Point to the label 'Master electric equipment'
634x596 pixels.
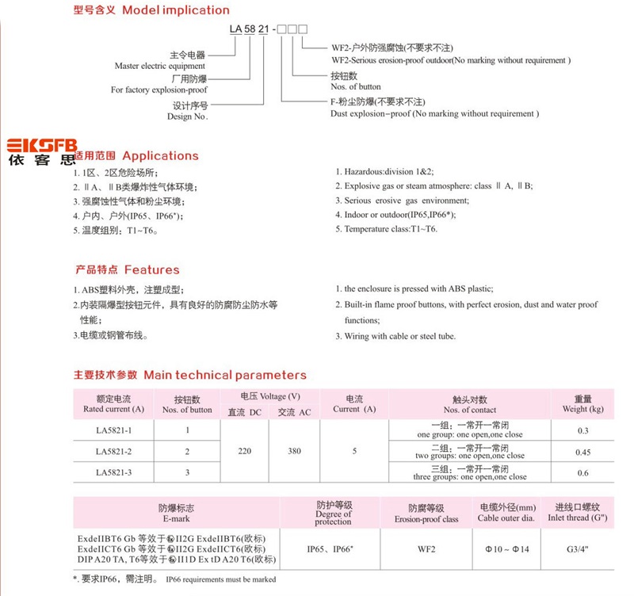coord(160,67)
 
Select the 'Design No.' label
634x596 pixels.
coord(187,116)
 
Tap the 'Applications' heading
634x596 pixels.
coord(159,155)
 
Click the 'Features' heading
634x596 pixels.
coord(151,269)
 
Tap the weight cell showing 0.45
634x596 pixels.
coord(582,452)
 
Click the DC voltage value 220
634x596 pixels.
coord(245,451)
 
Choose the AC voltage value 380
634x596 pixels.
coord(294,451)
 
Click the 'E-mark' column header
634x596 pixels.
coord(176,513)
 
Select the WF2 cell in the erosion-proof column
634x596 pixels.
coord(427,548)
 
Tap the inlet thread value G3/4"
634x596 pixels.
coord(582,548)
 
